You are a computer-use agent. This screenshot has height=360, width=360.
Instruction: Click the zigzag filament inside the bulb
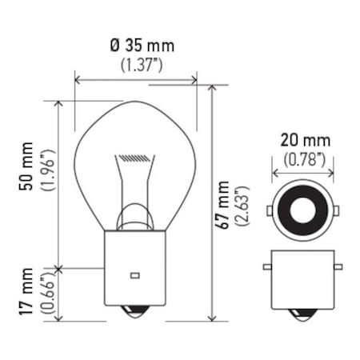point(134,158)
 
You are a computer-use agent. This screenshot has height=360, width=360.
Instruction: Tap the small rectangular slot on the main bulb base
point(134,275)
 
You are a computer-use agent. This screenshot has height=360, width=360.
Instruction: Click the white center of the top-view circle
point(302,210)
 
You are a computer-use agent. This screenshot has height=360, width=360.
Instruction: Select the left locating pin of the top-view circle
point(270,210)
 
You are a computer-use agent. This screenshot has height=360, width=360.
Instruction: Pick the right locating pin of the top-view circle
point(335,210)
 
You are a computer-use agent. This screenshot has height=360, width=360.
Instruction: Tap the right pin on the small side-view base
point(337,266)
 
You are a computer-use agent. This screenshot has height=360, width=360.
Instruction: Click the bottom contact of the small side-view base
point(302,315)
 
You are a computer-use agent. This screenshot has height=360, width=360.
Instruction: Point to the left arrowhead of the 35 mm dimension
point(78,80)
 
